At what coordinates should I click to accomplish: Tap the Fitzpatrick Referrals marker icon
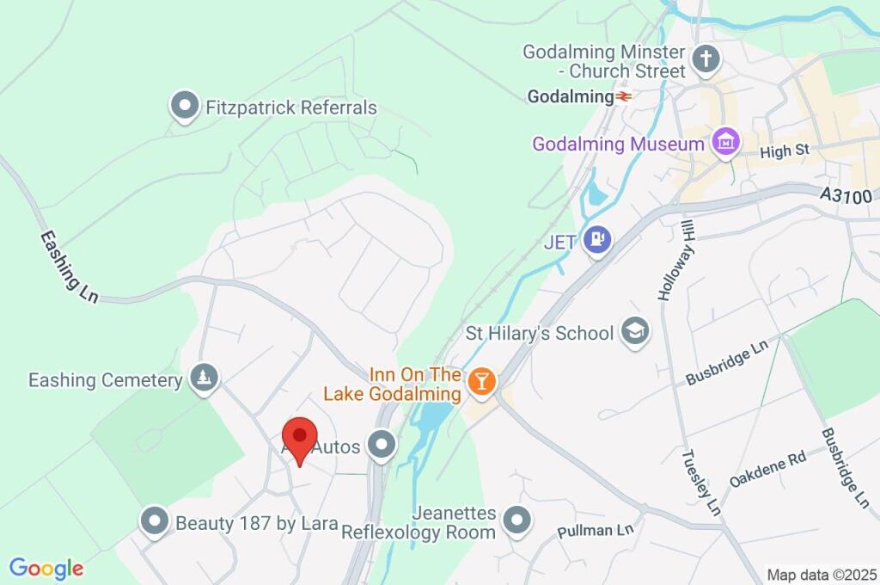pos(184,108)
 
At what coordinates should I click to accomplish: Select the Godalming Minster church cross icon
pos(706,59)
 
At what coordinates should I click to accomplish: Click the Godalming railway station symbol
pos(624,97)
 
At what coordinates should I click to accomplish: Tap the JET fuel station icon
pos(597,240)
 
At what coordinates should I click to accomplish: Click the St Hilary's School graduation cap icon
pos(635,332)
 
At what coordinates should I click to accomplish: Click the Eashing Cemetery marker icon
pos(205,379)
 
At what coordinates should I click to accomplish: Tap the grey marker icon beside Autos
pos(380,446)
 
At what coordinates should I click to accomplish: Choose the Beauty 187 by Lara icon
pos(155,521)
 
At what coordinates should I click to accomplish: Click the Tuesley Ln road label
pos(700,482)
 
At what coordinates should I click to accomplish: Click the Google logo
pos(46,568)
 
